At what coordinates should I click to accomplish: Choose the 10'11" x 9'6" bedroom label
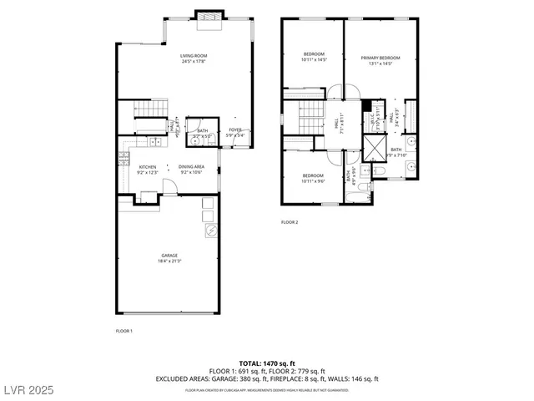coord(313,178)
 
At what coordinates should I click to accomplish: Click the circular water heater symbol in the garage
coord(211,230)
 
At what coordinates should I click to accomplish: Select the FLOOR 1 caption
coord(123,331)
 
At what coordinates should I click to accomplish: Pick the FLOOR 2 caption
coord(290,222)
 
